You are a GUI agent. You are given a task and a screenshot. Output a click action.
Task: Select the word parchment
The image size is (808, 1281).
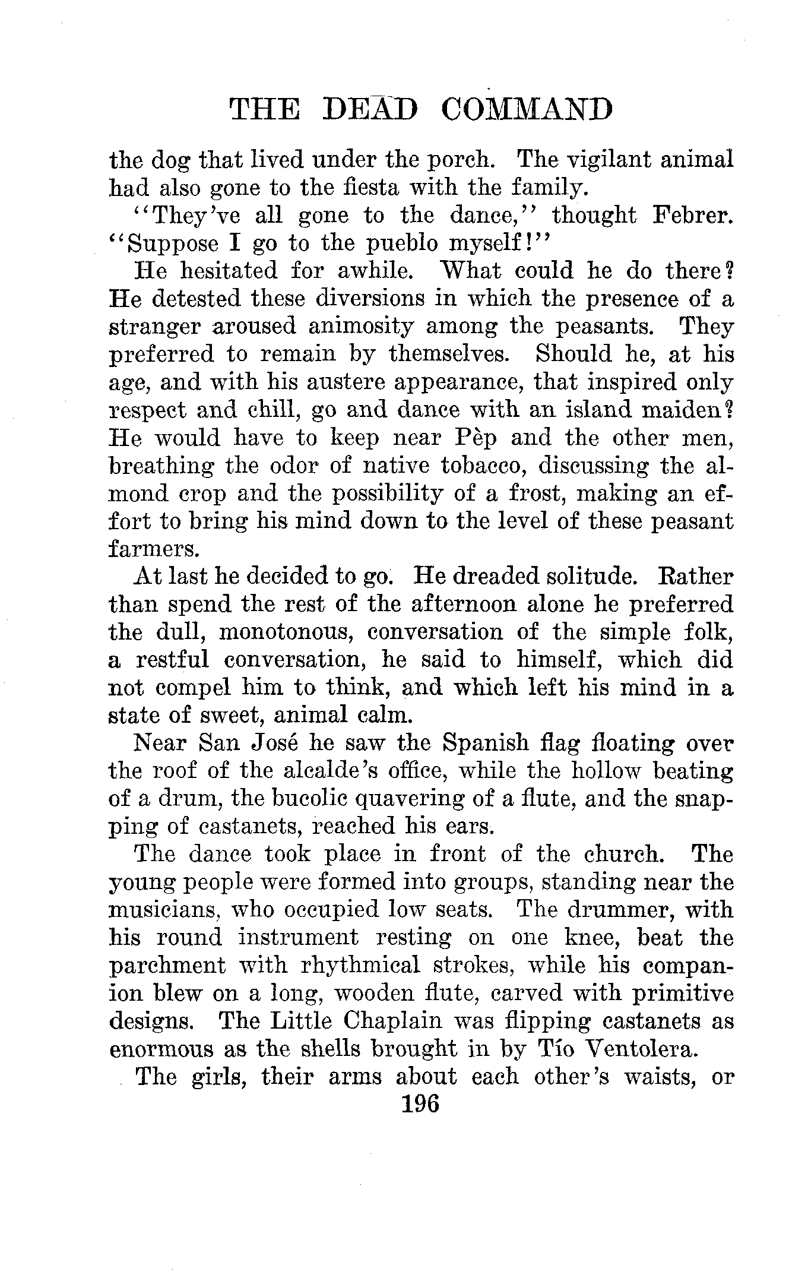(x=168, y=966)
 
